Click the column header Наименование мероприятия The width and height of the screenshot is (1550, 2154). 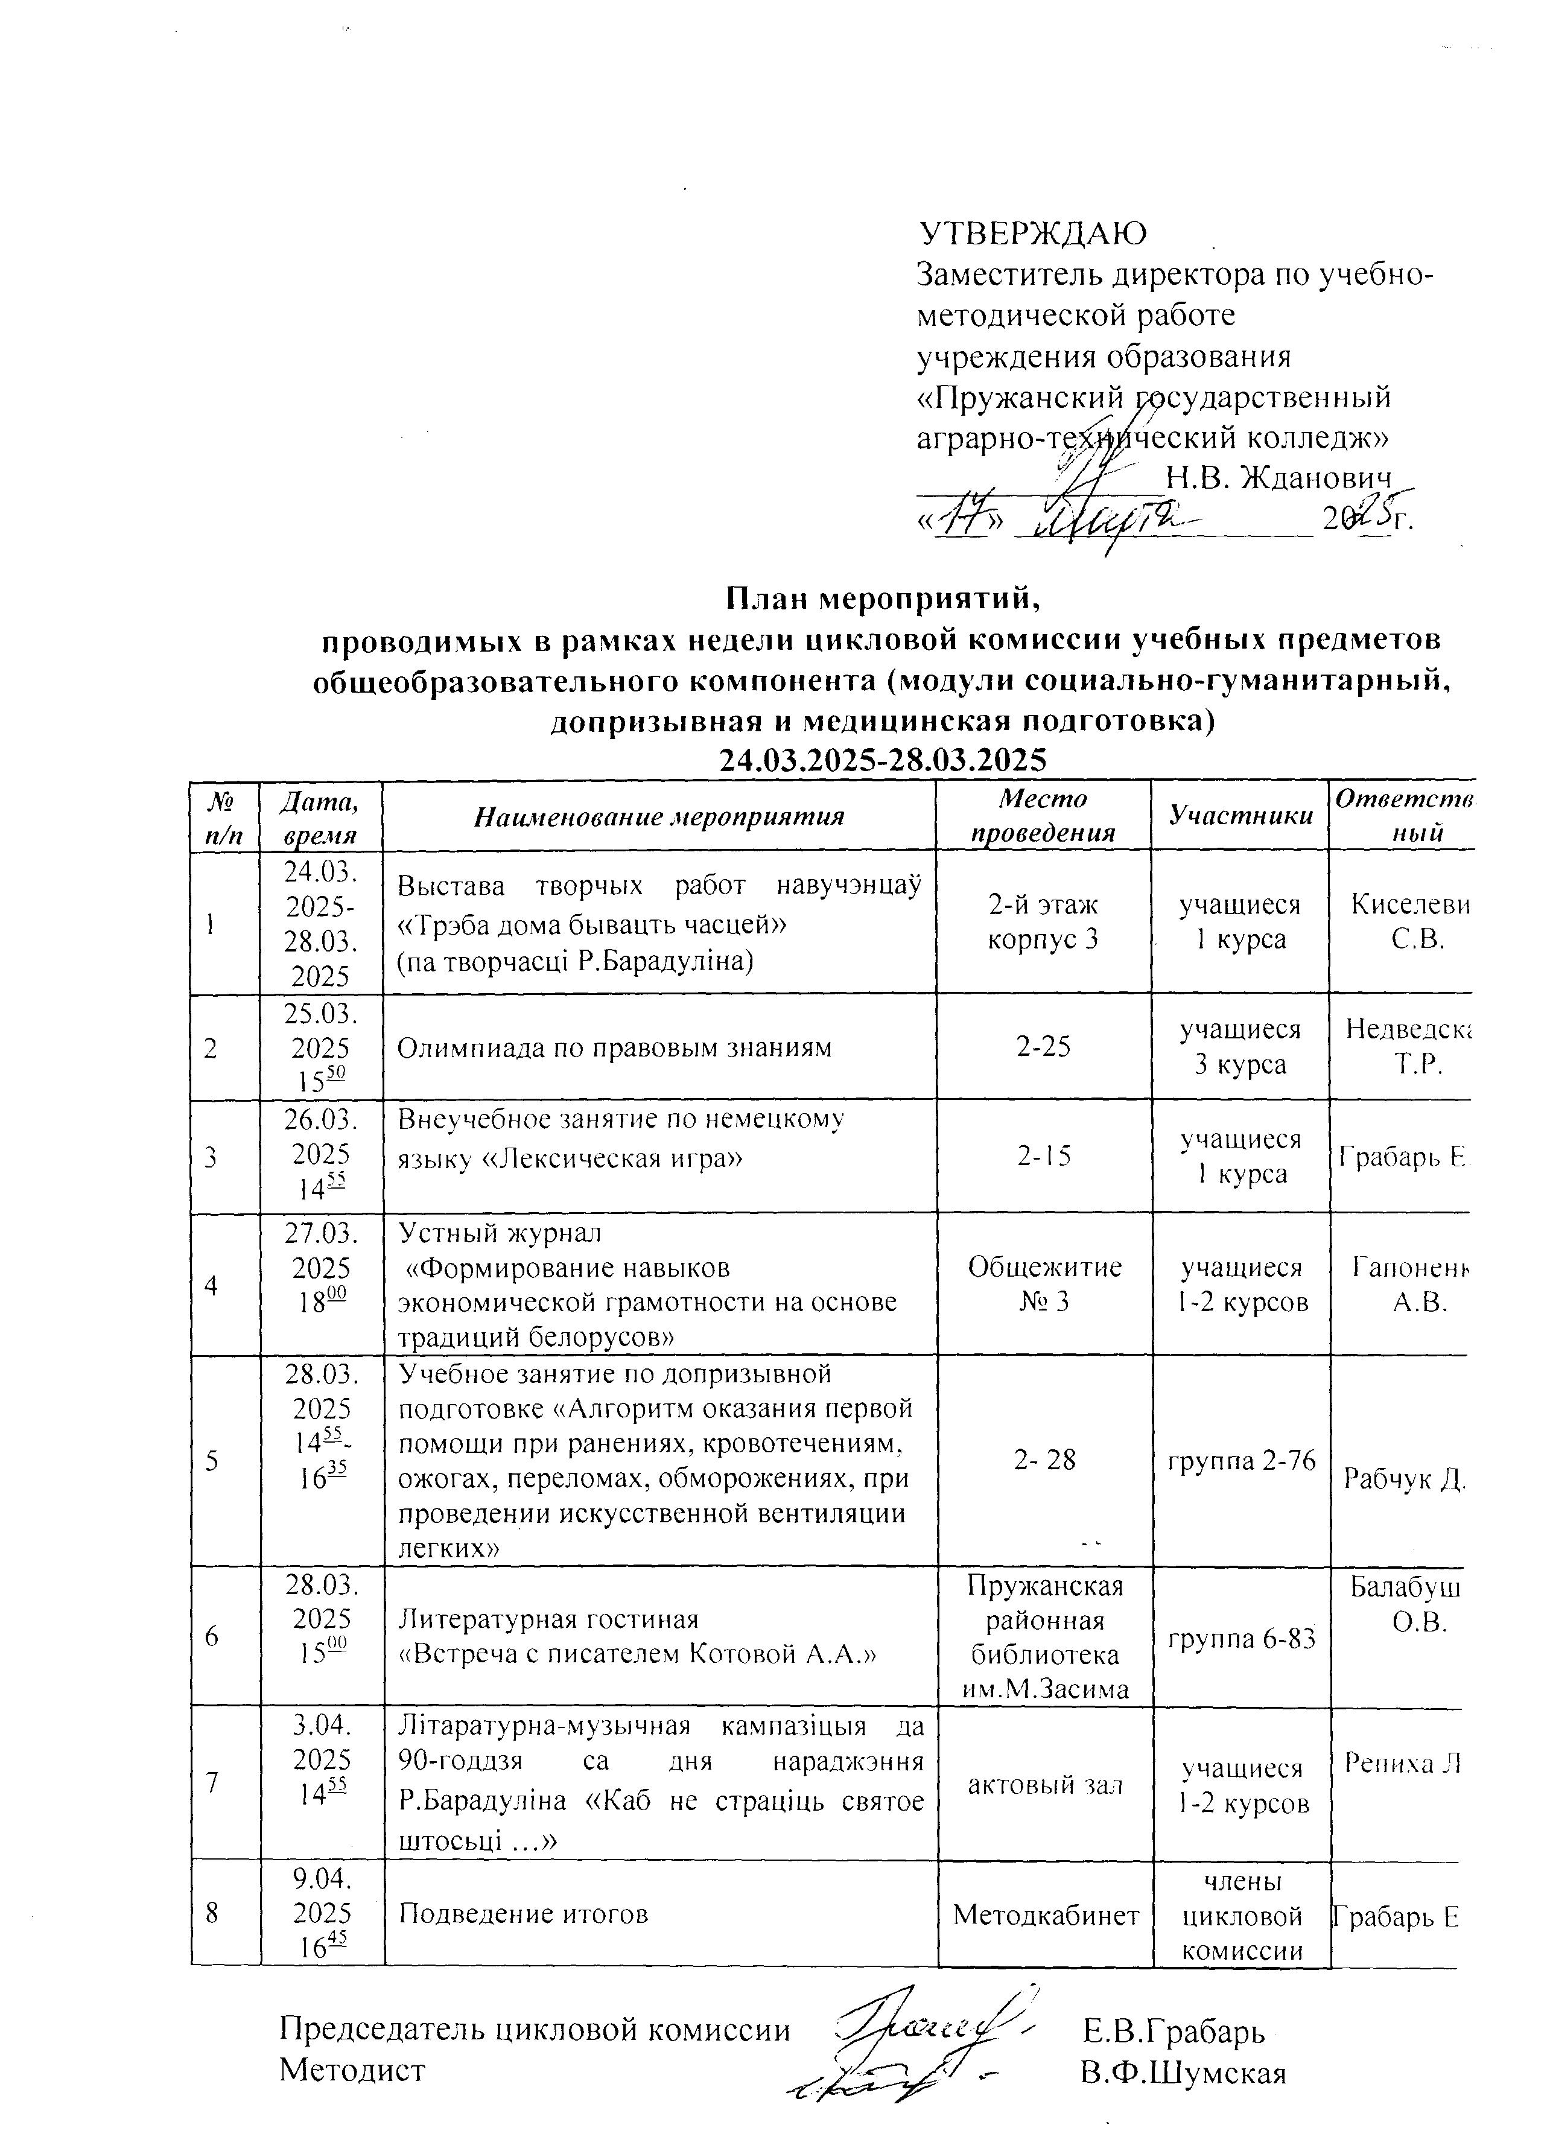pyautogui.click(x=659, y=816)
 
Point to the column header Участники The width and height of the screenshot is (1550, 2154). pyautogui.click(x=1239, y=815)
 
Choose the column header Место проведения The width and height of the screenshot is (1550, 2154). pyautogui.click(x=1044, y=816)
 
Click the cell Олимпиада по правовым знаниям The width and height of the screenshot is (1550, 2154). pyautogui.click(x=614, y=1047)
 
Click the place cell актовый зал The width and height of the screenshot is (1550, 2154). pyautogui.click(x=1044, y=1785)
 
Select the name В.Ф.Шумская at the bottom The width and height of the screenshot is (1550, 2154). pyautogui.click(x=1183, y=2074)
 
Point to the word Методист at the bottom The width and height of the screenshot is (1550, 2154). pyautogui.click(x=351, y=2074)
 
